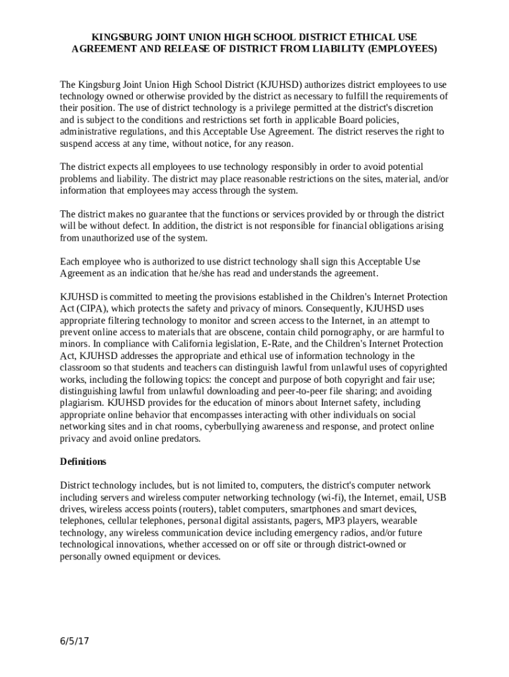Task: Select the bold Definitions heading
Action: pos(83,461)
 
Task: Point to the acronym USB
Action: pos(438,497)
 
